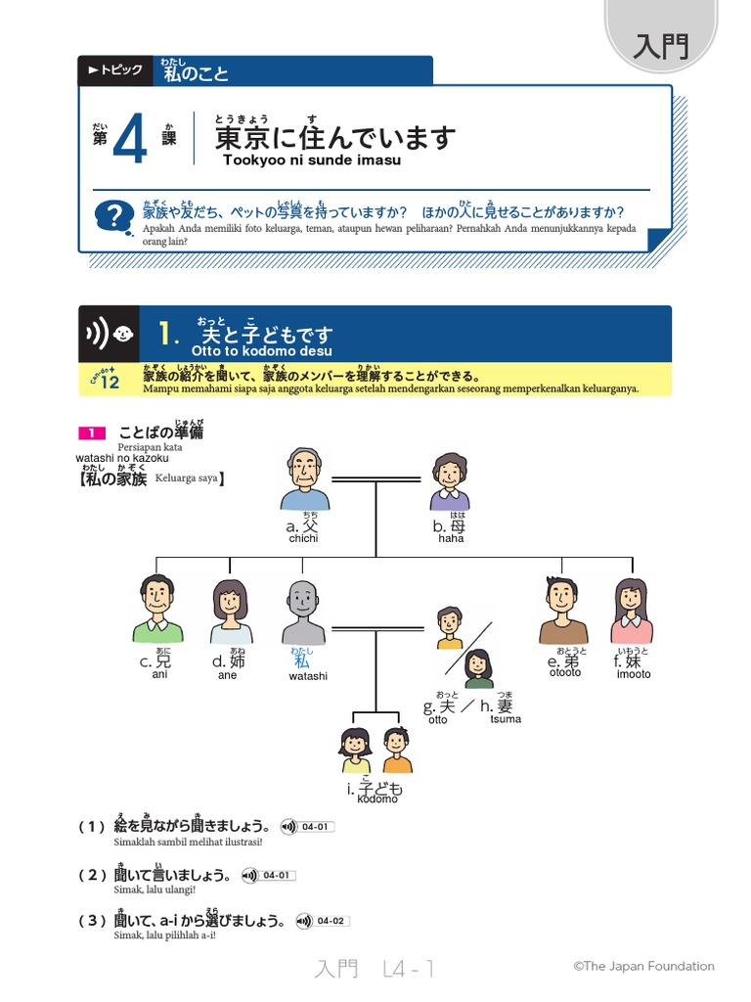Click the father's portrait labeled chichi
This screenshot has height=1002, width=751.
(x=306, y=480)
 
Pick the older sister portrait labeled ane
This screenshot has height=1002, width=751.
(x=230, y=612)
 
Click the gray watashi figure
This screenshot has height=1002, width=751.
(x=303, y=612)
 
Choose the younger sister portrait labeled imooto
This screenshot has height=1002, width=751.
(x=630, y=611)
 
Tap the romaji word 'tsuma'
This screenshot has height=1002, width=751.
(x=507, y=719)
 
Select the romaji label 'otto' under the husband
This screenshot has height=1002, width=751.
(x=437, y=720)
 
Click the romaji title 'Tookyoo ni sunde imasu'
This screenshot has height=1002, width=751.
(x=312, y=160)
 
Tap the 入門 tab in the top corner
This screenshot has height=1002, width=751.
(x=661, y=46)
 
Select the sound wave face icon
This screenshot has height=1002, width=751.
(x=110, y=334)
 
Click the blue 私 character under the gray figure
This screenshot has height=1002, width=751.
(x=301, y=661)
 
